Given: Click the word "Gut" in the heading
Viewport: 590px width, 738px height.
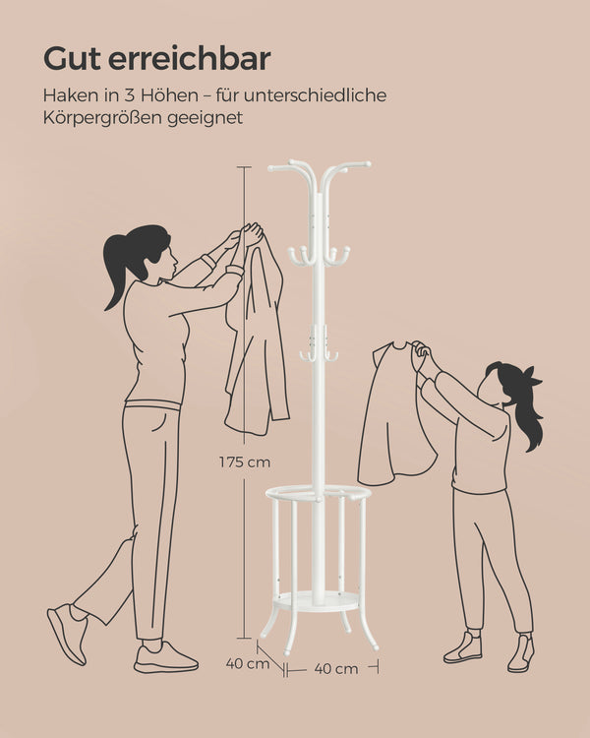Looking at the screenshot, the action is coord(72,59).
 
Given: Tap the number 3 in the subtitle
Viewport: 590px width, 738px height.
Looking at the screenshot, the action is coord(129,95).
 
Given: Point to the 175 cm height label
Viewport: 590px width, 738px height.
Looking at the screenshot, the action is coord(245,462).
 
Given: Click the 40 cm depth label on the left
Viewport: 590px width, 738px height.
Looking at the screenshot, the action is coord(248,663).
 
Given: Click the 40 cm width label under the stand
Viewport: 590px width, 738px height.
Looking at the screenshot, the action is coord(336,668).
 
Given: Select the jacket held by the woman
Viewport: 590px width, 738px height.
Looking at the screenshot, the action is coord(257,338).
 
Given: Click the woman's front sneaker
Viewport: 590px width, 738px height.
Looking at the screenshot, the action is coord(164,657).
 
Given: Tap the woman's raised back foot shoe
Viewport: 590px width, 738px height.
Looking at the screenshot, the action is coord(67,633).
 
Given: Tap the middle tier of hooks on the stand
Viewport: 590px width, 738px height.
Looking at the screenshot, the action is coord(319,256).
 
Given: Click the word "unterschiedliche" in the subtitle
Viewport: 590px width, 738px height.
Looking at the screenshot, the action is coord(315,95).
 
